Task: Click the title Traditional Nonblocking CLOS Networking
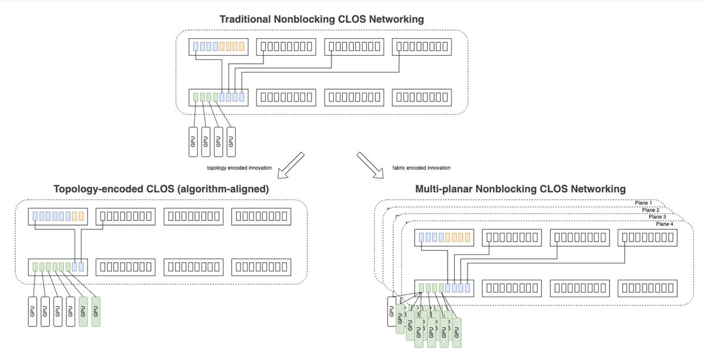[x=321, y=19]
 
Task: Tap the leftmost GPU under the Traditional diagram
[x=192, y=141]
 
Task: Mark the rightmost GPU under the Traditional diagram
[x=231, y=141]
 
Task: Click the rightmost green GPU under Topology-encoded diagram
[x=96, y=311]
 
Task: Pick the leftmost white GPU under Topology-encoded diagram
[x=32, y=311]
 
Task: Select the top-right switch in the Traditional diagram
[x=421, y=46]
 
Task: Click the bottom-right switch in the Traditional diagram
[x=421, y=97]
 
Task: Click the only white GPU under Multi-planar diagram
[x=392, y=312]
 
